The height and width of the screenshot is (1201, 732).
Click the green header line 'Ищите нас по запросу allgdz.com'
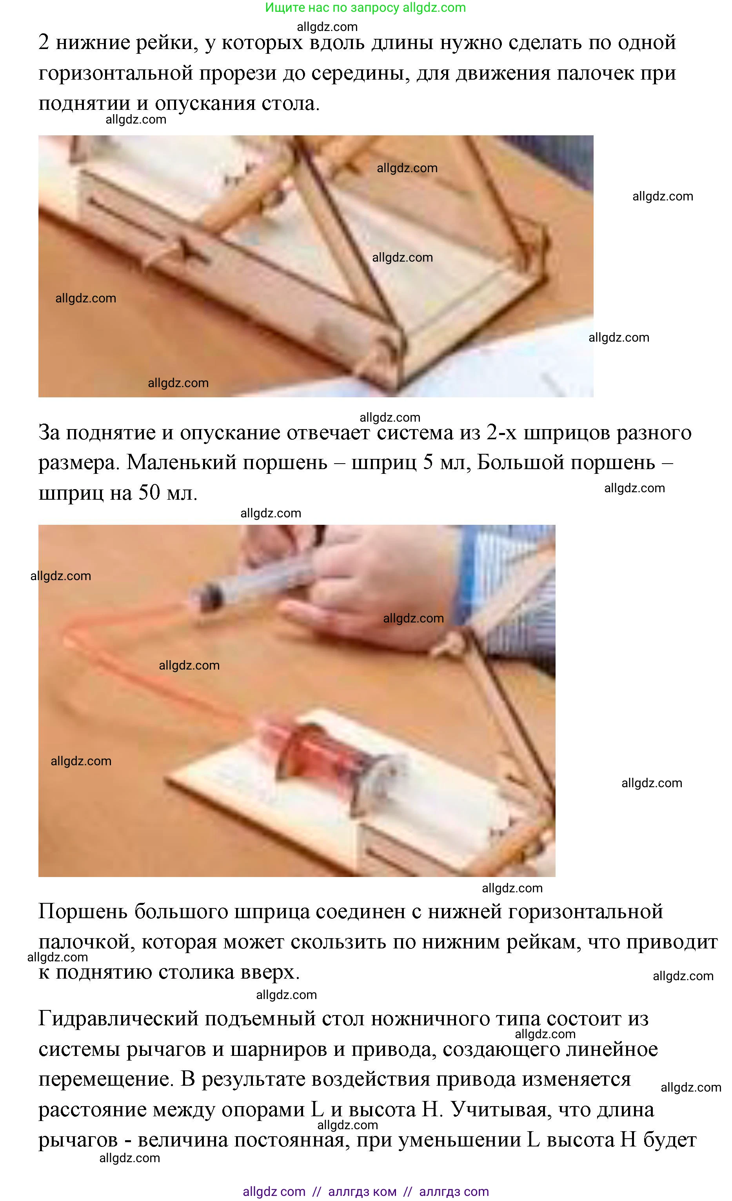click(365, 8)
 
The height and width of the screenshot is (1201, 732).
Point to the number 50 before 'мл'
click(149, 492)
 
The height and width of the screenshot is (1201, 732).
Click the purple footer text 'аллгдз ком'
click(362, 1192)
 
